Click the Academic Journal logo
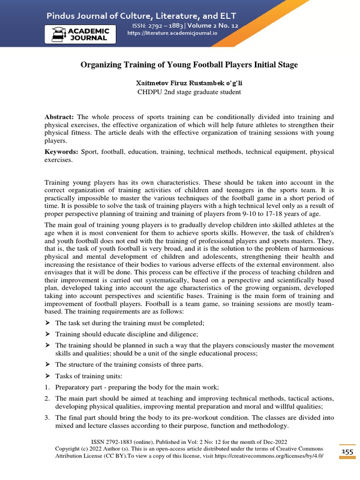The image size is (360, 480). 81,35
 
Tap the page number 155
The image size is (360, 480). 347,451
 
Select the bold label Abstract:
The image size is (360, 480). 59,116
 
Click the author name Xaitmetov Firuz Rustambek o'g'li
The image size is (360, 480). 189,83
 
